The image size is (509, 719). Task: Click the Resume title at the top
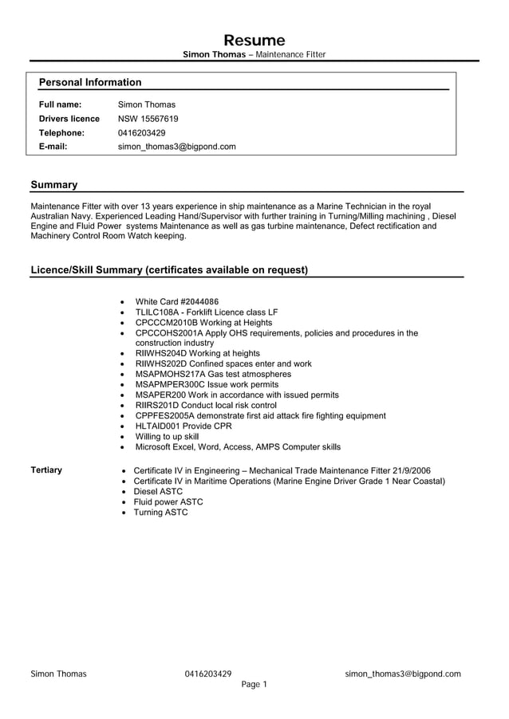point(254,41)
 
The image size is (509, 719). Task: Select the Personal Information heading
point(90,82)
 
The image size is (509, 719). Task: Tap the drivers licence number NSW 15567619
point(148,119)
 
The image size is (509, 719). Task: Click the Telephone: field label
point(61,133)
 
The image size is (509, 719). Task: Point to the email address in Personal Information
point(176,147)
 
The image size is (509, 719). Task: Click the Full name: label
point(60,104)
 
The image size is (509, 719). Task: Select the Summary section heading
point(53,185)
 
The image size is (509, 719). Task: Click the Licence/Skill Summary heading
point(168,269)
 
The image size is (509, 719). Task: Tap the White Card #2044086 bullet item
point(176,301)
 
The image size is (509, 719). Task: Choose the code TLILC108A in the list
point(158,312)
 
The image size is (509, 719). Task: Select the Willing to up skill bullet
point(167,437)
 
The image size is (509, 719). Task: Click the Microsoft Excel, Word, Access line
point(238,447)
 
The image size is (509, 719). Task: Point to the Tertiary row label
point(46,470)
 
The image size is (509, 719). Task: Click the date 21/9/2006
point(411,471)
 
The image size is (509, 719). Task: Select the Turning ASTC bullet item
point(160,513)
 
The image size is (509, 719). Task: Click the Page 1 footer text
point(254,685)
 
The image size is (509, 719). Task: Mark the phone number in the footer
point(208,674)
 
